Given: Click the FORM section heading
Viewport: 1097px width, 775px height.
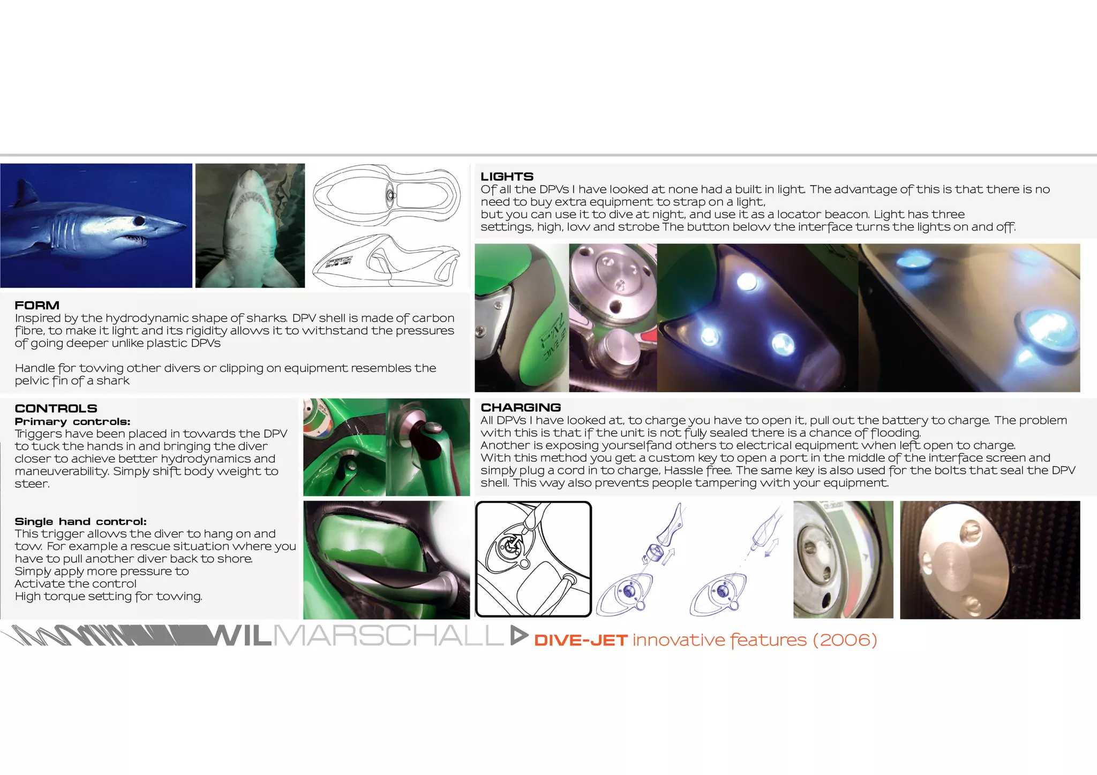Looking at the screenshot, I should [x=37, y=306].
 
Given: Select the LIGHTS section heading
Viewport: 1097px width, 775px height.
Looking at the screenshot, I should [x=507, y=177].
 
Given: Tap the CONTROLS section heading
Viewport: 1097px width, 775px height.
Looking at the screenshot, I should [x=56, y=408].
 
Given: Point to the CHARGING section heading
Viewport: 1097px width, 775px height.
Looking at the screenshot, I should [x=521, y=407].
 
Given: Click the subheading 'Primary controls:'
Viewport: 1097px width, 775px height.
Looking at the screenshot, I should [x=72, y=422].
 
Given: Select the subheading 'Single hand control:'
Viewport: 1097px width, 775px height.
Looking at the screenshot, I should [x=80, y=521].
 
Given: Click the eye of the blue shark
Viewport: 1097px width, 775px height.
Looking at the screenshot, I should [x=139, y=221].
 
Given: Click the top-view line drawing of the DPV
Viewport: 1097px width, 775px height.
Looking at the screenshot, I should [x=386, y=195].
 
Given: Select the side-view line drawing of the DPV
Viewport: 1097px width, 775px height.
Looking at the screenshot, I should [x=386, y=261].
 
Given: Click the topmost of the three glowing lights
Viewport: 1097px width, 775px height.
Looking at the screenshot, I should [x=746, y=280].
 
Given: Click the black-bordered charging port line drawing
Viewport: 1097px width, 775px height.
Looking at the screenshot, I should [x=534, y=559].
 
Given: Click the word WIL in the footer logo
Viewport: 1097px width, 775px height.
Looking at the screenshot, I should [x=242, y=636].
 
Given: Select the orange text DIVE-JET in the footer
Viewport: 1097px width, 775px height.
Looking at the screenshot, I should [x=581, y=640].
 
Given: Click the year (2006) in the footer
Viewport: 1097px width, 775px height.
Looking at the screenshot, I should [x=844, y=640].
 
